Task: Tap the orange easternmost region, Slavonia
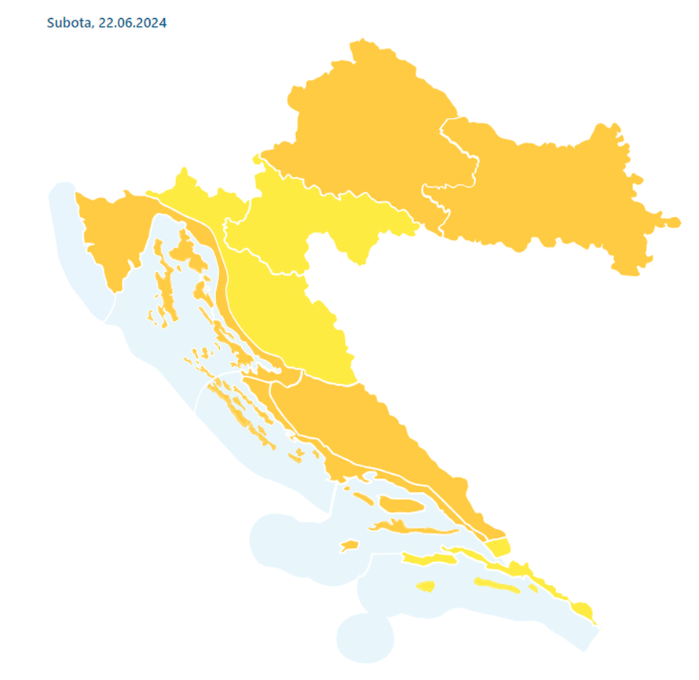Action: click(550, 197)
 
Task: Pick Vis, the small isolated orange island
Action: click(349, 545)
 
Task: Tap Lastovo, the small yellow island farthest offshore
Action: click(425, 586)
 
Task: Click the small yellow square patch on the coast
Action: click(498, 547)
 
